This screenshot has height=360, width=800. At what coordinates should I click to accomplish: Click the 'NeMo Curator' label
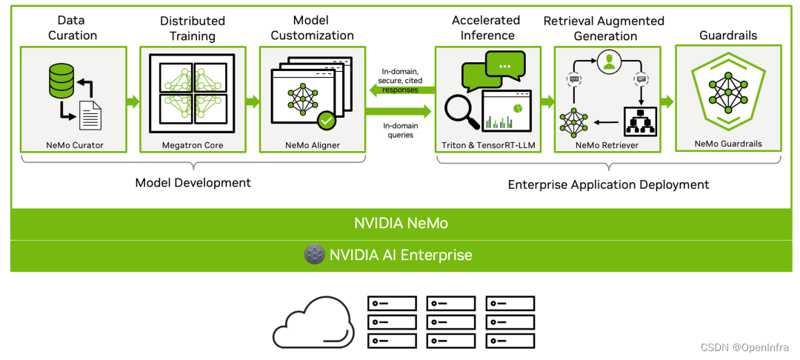pyautogui.click(x=73, y=145)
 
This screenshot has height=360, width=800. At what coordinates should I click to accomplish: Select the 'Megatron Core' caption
pyautogui.click(x=193, y=145)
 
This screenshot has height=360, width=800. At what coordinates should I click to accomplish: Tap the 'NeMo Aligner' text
pyautogui.click(x=312, y=145)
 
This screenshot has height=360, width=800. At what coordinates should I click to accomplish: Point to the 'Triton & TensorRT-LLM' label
pyautogui.click(x=487, y=145)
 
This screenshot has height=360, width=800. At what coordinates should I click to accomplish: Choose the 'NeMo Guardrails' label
pyautogui.click(x=727, y=144)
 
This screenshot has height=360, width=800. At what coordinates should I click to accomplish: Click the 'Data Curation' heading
pyautogui.click(x=73, y=27)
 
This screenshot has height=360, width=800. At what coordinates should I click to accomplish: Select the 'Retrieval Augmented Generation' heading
pyautogui.click(x=604, y=28)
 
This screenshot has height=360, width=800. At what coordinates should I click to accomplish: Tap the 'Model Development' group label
pyautogui.click(x=193, y=183)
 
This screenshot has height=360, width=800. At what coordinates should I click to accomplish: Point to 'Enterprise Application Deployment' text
pyautogui.click(x=608, y=184)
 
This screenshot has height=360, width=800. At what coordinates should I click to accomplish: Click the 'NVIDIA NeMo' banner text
pyautogui.click(x=400, y=223)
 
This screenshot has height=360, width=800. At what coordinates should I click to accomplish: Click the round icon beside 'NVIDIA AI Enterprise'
pyautogui.click(x=315, y=255)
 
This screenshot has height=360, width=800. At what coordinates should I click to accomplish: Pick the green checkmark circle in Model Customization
pyautogui.click(x=326, y=119)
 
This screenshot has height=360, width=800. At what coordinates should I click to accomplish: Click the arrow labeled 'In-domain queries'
pyautogui.click(x=400, y=111)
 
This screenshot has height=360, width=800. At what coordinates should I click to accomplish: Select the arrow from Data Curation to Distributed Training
pyautogui.click(x=132, y=101)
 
